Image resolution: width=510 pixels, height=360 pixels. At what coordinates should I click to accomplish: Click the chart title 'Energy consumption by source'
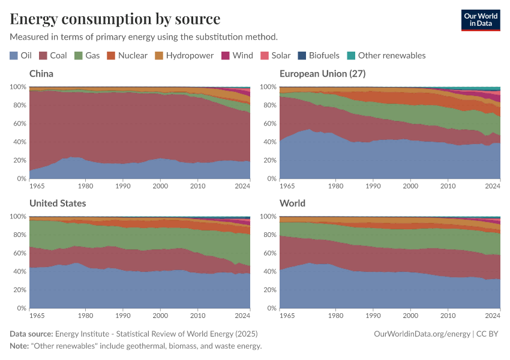tap(115, 19)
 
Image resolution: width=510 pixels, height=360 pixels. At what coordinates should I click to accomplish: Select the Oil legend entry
tap(21, 55)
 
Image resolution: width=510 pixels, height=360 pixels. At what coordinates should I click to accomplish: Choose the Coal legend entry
tap(53, 55)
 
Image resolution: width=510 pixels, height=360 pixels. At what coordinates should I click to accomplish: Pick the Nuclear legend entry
tap(127, 55)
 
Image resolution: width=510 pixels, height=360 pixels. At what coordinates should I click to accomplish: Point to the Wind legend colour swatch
tap(226, 55)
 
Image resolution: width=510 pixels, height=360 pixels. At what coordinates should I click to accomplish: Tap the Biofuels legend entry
tap(319, 55)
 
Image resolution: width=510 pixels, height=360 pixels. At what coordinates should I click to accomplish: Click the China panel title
tap(41, 74)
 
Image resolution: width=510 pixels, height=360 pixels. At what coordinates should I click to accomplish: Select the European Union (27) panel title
tap(322, 74)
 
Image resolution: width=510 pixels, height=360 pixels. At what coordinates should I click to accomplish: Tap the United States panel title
tap(58, 203)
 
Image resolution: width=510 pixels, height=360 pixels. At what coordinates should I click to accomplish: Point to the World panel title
tap(292, 203)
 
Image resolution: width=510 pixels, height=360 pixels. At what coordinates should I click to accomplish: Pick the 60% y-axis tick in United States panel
tap(18, 253)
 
